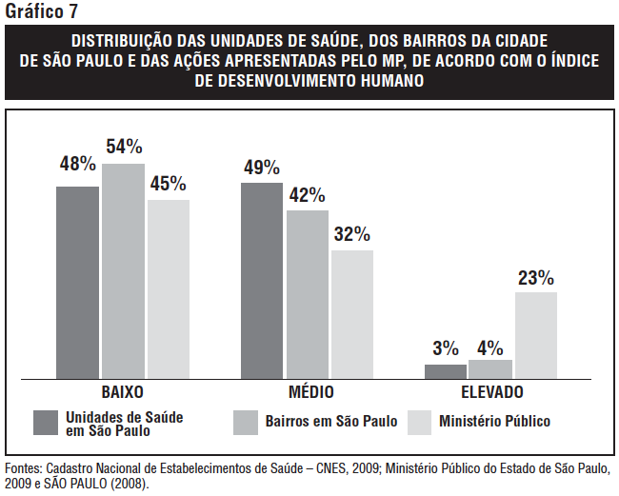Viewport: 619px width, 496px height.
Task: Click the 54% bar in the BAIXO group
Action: tap(123, 271)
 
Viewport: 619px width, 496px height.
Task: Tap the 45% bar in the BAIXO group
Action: tap(169, 289)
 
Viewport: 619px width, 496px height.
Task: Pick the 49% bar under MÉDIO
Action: tap(262, 281)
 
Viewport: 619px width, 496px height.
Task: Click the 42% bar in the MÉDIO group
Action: tap(308, 294)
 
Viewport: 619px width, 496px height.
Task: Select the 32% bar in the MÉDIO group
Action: tap(352, 314)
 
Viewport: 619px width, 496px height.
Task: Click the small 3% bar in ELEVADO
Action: tap(446, 371)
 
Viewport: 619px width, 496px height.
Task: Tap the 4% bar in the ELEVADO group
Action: tap(490, 369)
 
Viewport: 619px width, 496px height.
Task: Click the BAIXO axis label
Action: tap(123, 393)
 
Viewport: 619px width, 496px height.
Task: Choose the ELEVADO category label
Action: tap(491, 393)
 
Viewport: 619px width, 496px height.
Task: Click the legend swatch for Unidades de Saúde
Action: tap(47, 423)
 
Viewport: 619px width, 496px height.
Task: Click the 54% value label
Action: tap(124, 147)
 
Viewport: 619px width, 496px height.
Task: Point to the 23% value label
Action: tap(535, 278)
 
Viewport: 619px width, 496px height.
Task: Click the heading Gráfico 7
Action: tap(42, 12)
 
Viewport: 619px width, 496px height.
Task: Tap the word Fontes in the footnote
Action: tap(23, 469)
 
